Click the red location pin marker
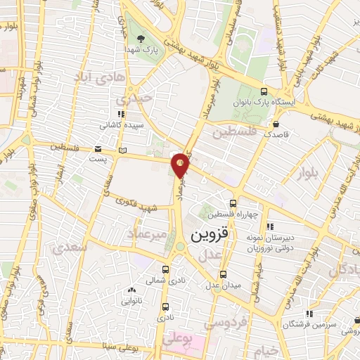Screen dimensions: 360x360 point(181,165)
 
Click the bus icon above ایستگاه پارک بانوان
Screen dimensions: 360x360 point(264,92)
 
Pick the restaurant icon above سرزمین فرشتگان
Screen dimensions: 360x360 point(308,314)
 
